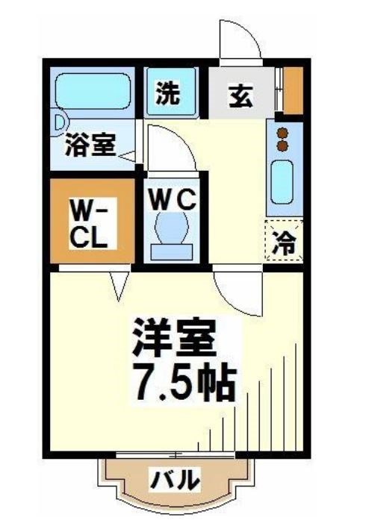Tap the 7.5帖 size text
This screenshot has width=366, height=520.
(x=184, y=382)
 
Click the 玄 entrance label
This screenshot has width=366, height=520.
(x=239, y=96)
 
